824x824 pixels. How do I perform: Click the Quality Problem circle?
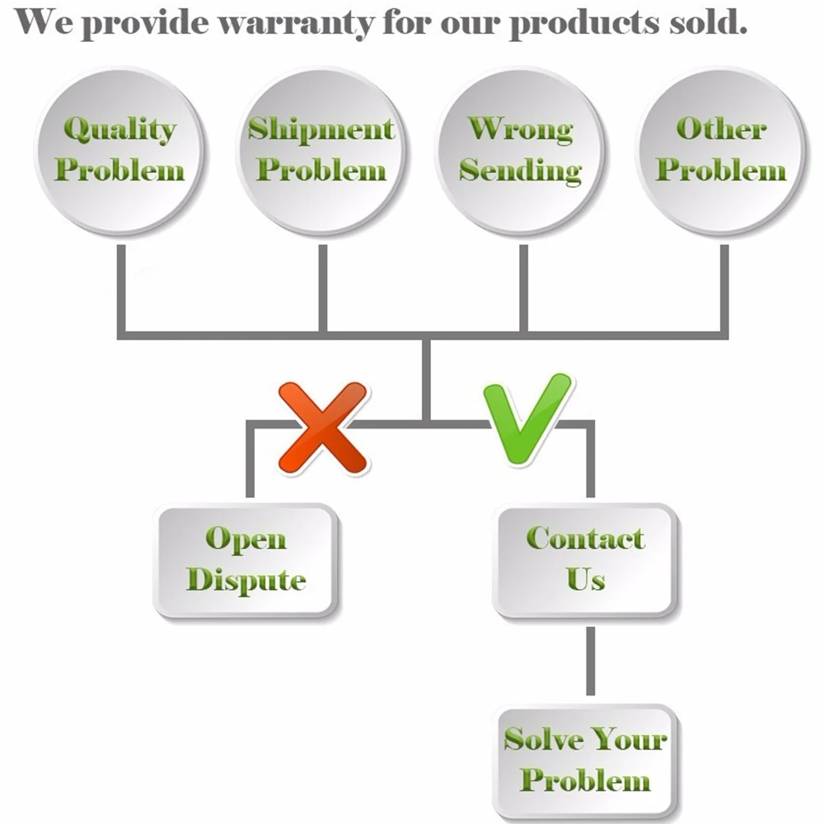[x=119, y=151]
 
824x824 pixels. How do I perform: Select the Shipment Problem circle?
[x=322, y=151]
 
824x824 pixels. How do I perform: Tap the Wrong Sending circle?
[x=521, y=151]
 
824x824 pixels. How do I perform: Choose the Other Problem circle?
[x=721, y=151]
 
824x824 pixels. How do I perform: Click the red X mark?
[x=323, y=428]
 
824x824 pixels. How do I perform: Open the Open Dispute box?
[x=246, y=560]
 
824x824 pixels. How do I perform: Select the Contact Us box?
[x=586, y=560]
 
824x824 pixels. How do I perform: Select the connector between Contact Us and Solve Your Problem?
[x=590, y=660]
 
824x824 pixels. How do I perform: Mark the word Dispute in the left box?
[x=246, y=580]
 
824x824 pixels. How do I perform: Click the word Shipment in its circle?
[x=322, y=130]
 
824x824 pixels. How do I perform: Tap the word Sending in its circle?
[x=521, y=171]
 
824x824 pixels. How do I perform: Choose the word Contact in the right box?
[x=586, y=539]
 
